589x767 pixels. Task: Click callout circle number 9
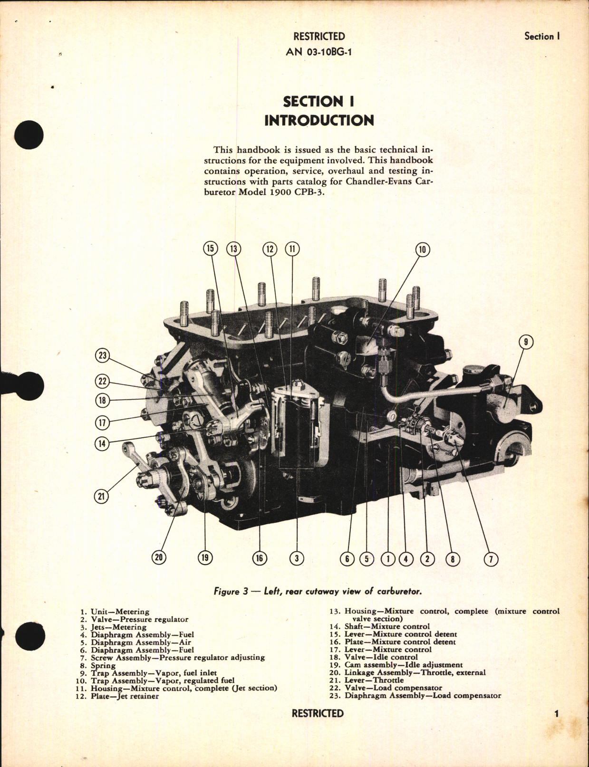(x=526, y=342)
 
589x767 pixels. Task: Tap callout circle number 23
(x=103, y=355)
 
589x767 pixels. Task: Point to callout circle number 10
(x=422, y=249)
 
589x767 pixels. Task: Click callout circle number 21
(x=101, y=496)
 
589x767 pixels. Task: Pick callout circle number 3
(x=297, y=558)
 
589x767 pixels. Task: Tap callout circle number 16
(x=259, y=558)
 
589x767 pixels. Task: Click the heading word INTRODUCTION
(x=319, y=120)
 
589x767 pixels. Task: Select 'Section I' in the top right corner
(x=542, y=37)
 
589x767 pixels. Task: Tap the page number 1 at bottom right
(x=556, y=713)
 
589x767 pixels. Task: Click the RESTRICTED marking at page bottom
(x=318, y=713)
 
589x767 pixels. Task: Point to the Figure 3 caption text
(x=318, y=592)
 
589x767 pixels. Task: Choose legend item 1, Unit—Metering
(x=115, y=612)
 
